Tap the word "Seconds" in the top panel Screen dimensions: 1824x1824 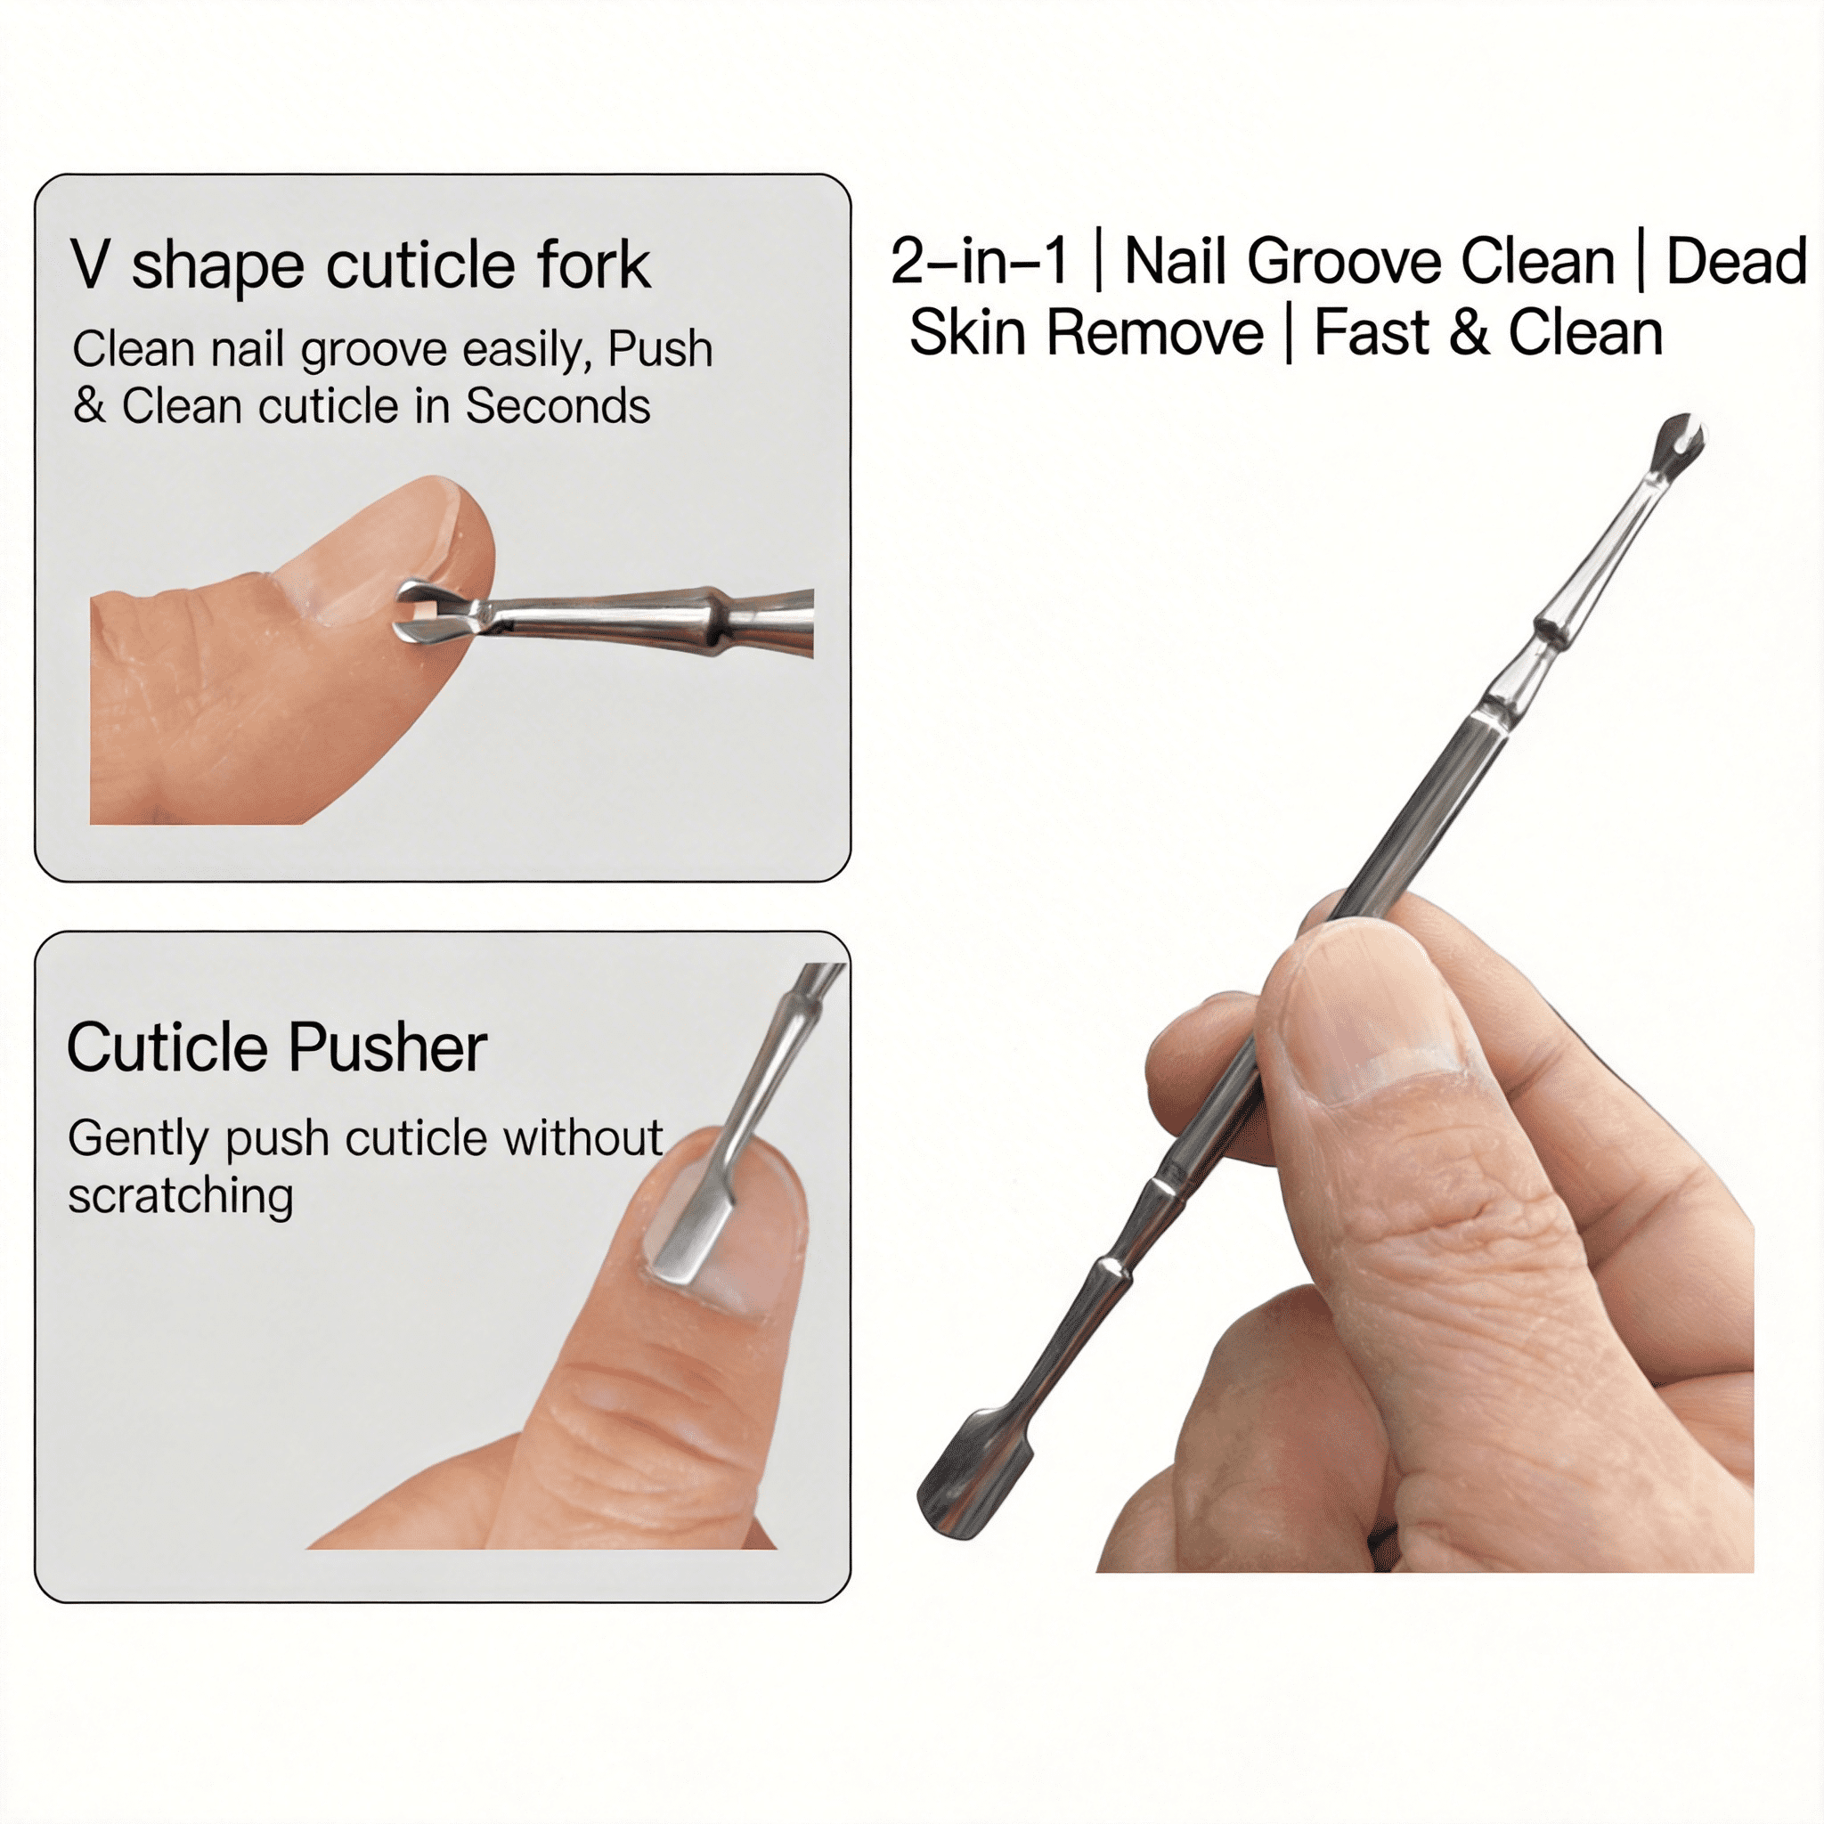tap(557, 406)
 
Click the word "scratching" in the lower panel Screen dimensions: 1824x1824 tap(180, 1197)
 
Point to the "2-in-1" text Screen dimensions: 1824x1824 tap(979, 261)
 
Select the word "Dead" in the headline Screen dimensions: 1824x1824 tap(1736, 261)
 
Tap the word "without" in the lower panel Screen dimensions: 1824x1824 tap(582, 1137)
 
